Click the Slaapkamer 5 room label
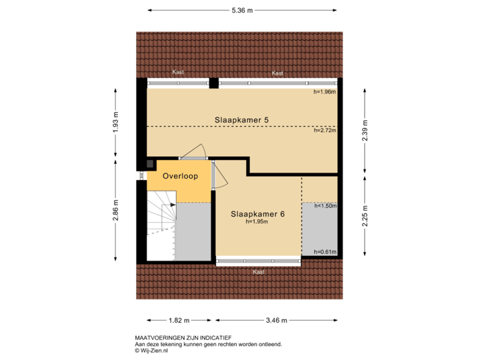241,120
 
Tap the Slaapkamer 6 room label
258,215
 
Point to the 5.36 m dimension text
242,11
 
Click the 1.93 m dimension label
116,122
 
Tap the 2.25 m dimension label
365,216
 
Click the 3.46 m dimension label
275,321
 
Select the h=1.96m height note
325,92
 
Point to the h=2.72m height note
325,131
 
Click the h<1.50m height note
325,205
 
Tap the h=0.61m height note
325,252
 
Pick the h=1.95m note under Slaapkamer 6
258,222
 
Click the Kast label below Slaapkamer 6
258,272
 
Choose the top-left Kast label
177,73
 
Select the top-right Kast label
278,73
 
